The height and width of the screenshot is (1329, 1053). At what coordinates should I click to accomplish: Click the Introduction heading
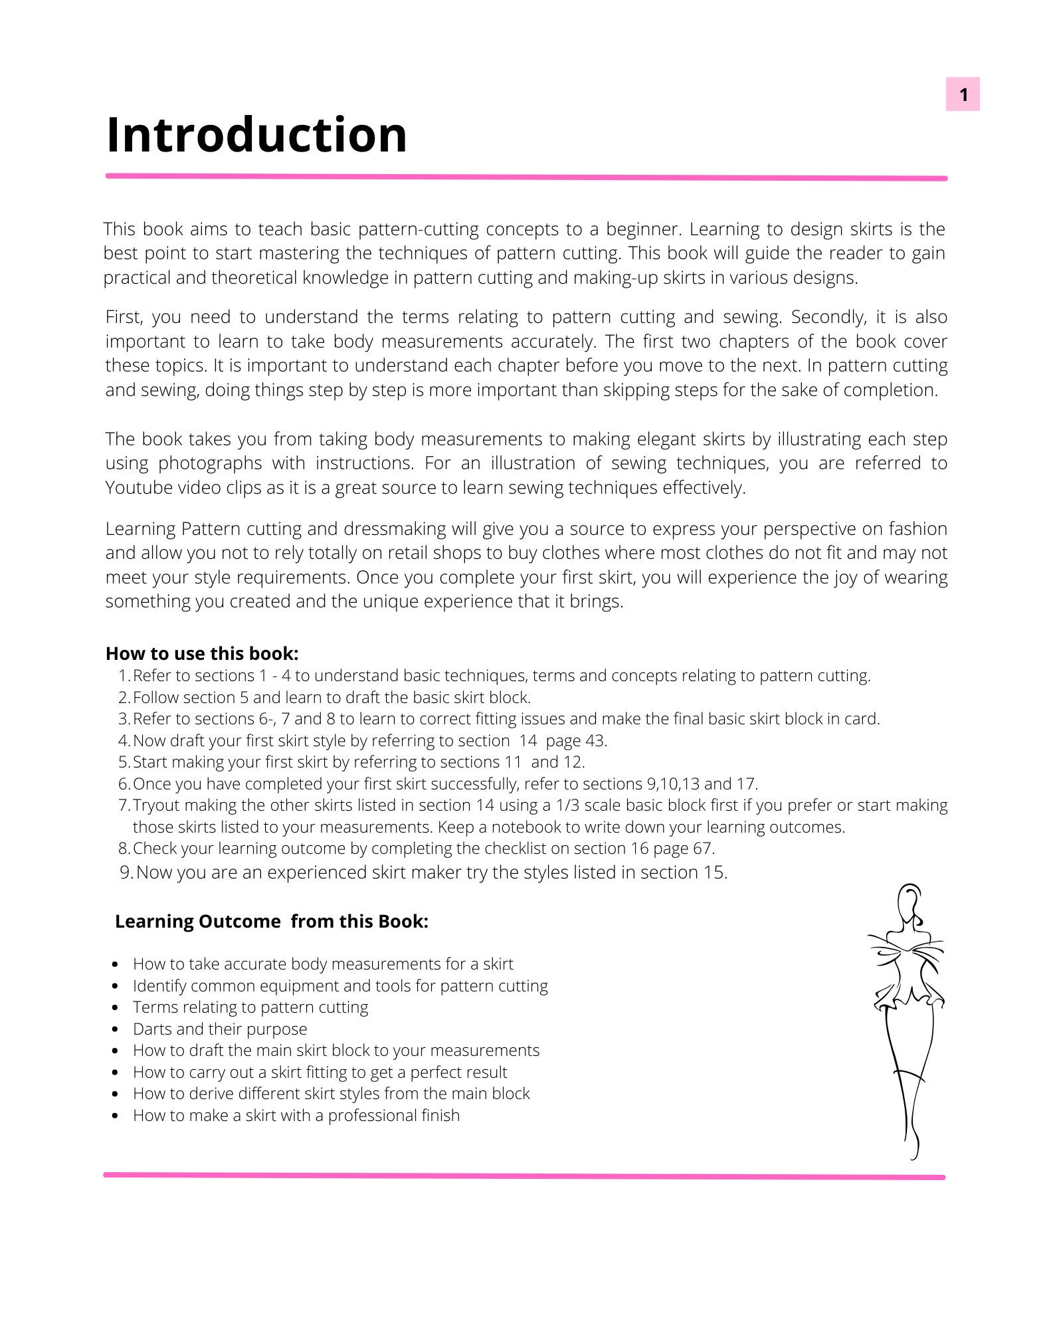[x=256, y=136]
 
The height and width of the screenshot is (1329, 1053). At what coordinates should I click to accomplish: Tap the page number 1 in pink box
[x=963, y=94]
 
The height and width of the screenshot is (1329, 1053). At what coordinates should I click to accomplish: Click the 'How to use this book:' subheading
[x=202, y=653]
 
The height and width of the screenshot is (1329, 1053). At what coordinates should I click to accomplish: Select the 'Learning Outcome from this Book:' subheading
[x=271, y=921]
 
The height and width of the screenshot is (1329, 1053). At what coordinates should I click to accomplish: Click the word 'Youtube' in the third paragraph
[x=138, y=488]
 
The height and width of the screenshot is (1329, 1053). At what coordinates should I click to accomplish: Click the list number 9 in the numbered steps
[x=126, y=872]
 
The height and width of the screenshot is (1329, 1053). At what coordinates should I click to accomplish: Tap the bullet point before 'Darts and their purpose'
[x=116, y=1029]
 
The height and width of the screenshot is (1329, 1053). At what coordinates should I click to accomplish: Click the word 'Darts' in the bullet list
[x=152, y=1029]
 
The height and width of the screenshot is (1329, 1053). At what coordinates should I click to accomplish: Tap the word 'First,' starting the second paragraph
[x=124, y=318]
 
